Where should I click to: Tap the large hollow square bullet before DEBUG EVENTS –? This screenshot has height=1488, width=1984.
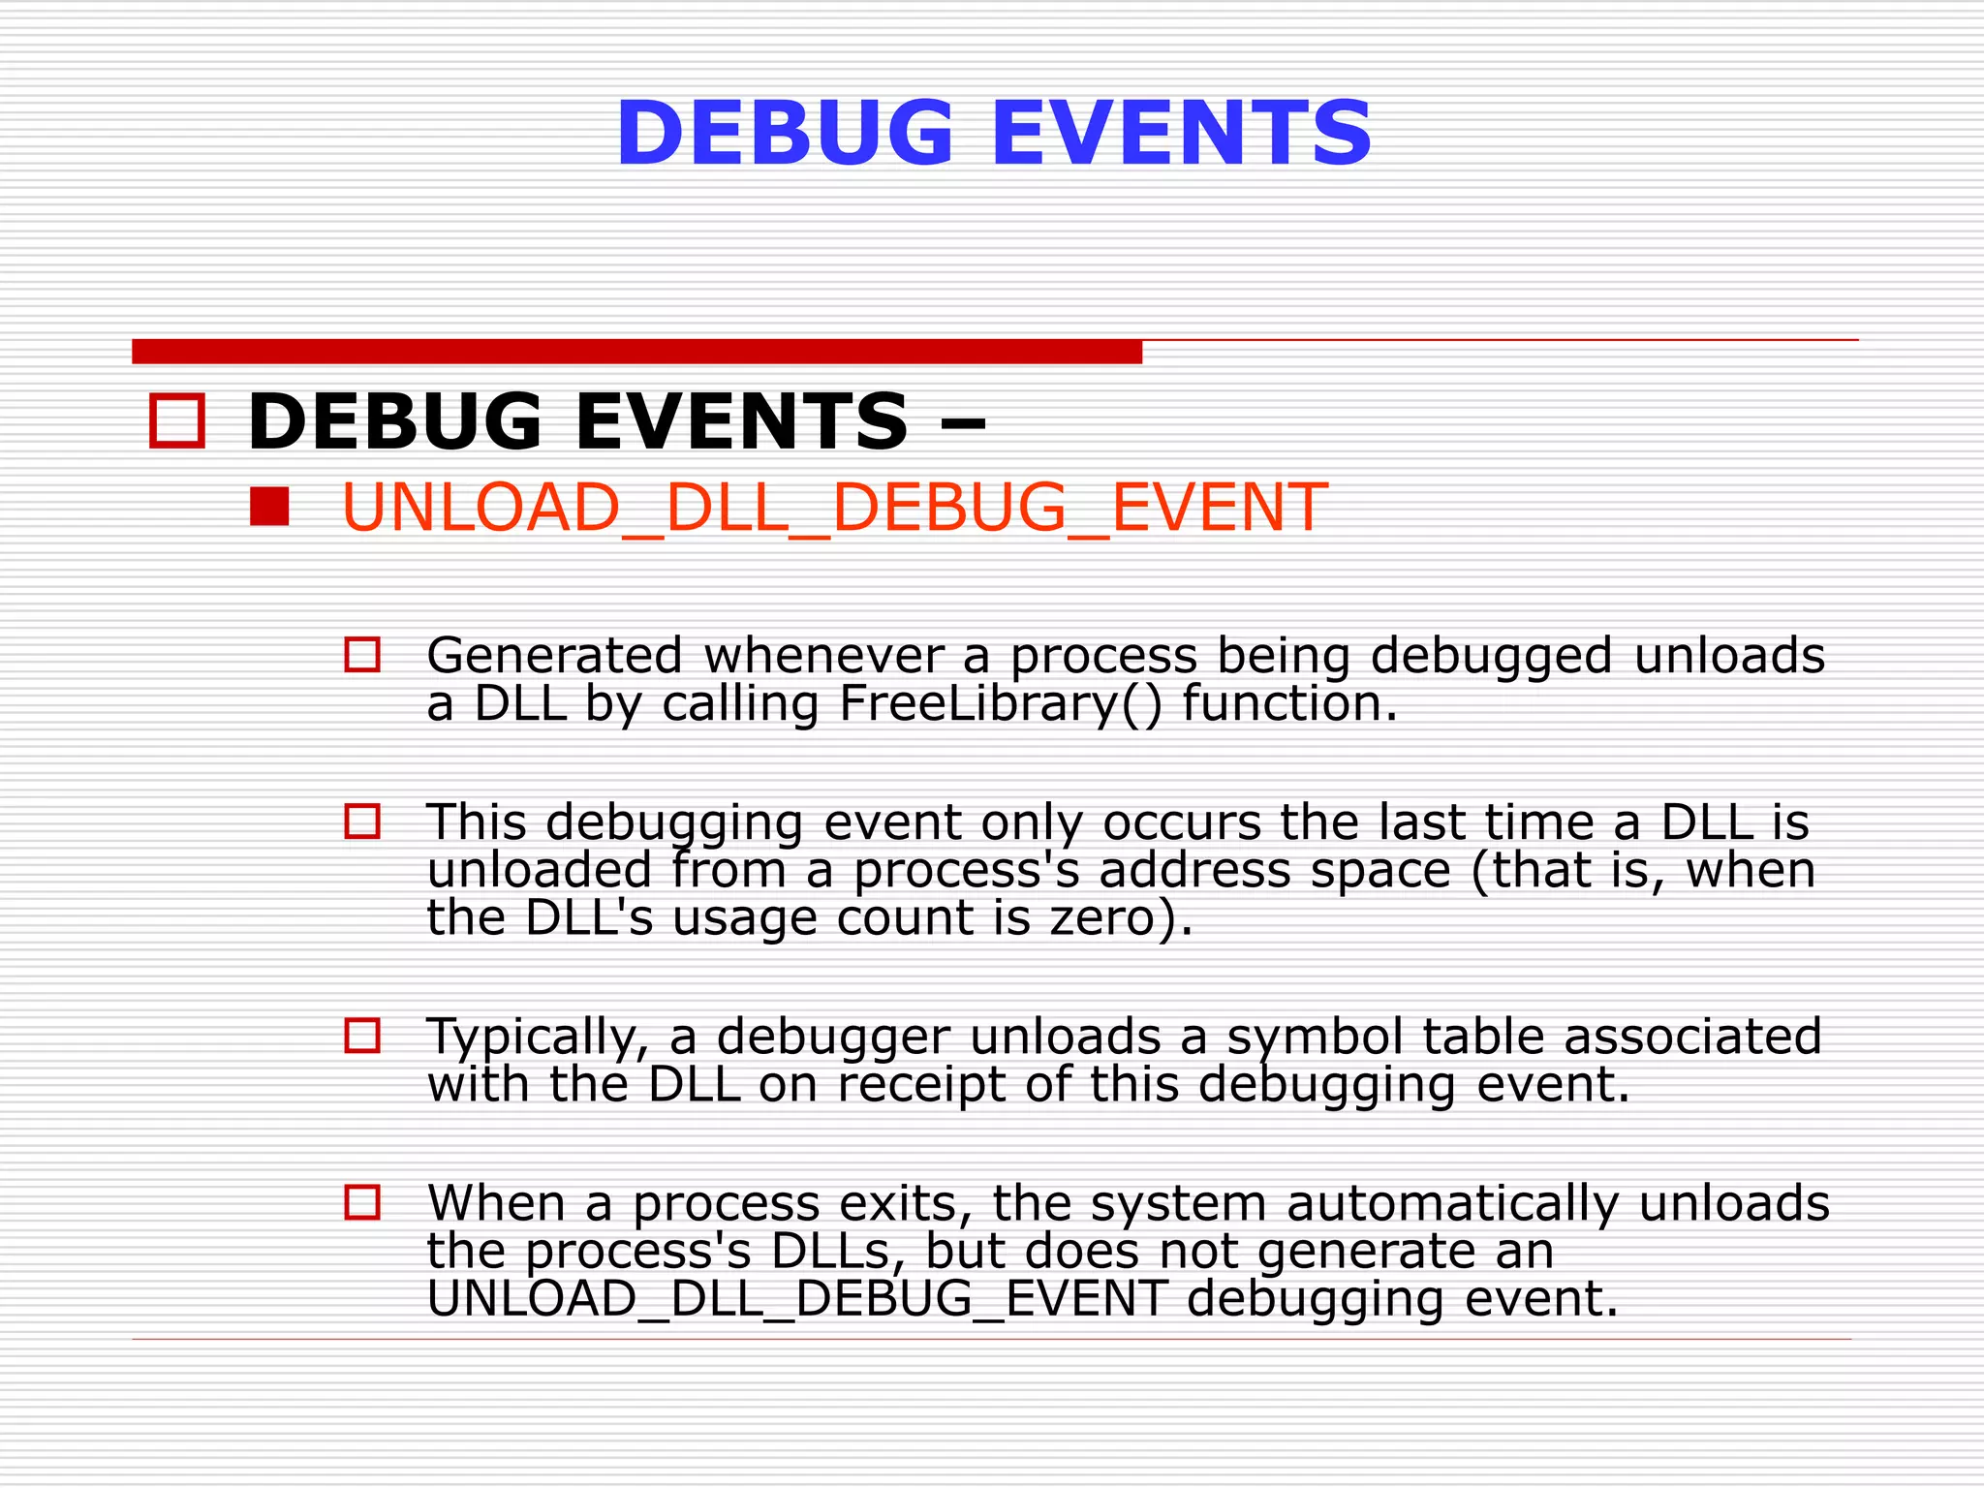pyautogui.click(x=177, y=421)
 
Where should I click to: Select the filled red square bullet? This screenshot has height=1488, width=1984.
pyautogui.click(x=269, y=507)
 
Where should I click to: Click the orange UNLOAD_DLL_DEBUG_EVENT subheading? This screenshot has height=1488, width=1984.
pyautogui.click(x=833, y=507)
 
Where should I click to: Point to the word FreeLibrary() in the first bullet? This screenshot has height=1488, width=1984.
pyautogui.click(x=1000, y=703)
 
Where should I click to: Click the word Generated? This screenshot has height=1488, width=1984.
pyautogui.click(x=554, y=656)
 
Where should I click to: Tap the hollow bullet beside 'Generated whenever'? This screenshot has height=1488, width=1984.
pyautogui.click(x=362, y=655)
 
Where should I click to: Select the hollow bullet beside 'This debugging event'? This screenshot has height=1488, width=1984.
pyautogui.click(x=362, y=821)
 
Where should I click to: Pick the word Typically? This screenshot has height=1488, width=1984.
pyautogui.click(x=538, y=1037)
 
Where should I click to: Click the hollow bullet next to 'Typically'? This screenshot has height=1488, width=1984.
pyautogui.click(x=362, y=1036)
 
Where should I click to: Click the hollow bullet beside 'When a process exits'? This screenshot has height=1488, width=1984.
pyautogui.click(x=362, y=1202)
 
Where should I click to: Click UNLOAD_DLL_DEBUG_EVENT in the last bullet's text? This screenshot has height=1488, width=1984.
pyautogui.click(x=796, y=1299)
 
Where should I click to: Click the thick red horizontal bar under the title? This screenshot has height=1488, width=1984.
pyautogui.click(x=636, y=352)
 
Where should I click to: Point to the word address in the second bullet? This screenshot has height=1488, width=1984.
pyautogui.click(x=1194, y=870)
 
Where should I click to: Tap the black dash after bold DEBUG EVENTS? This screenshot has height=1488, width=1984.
pyautogui.click(x=962, y=423)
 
